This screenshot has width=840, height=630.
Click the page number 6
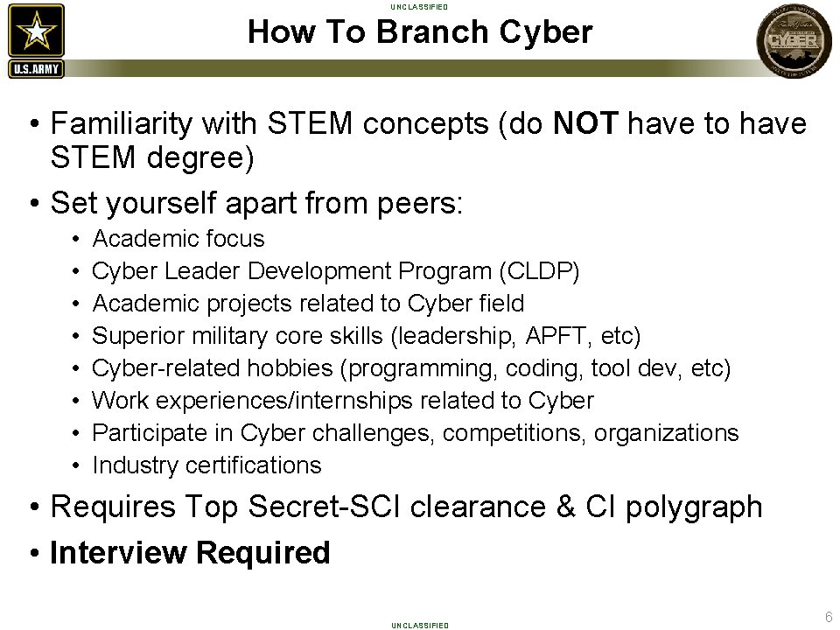pos(827,616)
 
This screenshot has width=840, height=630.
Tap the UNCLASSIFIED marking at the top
pos(420,7)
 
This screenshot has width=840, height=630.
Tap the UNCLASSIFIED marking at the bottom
pos(420,625)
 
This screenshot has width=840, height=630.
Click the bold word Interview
pos(118,553)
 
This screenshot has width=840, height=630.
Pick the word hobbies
pos(302,368)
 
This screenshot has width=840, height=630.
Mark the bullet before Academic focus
pos(76,239)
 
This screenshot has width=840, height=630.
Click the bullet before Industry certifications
pos(76,465)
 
